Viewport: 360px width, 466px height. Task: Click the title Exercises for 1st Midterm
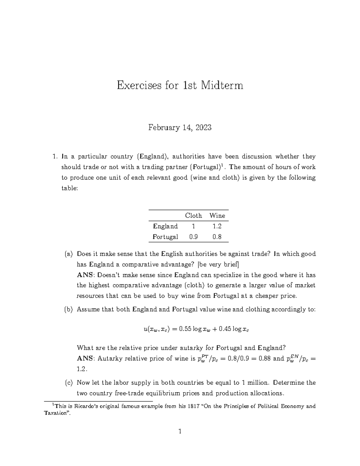point(180,86)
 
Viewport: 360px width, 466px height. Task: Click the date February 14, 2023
point(180,128)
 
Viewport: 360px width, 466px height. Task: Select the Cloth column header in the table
point(193,215)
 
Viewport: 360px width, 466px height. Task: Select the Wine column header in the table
point(217,215)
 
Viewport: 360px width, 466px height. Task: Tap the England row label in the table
point(165,226)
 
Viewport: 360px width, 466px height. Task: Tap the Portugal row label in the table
point(165,236)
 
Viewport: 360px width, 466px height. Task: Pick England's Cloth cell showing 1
point(193,226)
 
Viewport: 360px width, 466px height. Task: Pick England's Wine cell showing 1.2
point(217,226)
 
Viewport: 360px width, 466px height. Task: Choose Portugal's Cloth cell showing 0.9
point(193,236)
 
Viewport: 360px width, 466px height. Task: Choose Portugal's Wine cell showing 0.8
point(217,236)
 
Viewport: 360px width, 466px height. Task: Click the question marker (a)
point(69,254)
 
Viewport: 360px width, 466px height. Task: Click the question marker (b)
point(69,309)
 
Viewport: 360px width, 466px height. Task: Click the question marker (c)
point(69,383)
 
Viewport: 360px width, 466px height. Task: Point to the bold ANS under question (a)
point(85,275)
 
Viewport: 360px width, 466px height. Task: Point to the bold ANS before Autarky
point(85,358)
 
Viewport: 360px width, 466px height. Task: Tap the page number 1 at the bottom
point(180,432)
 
